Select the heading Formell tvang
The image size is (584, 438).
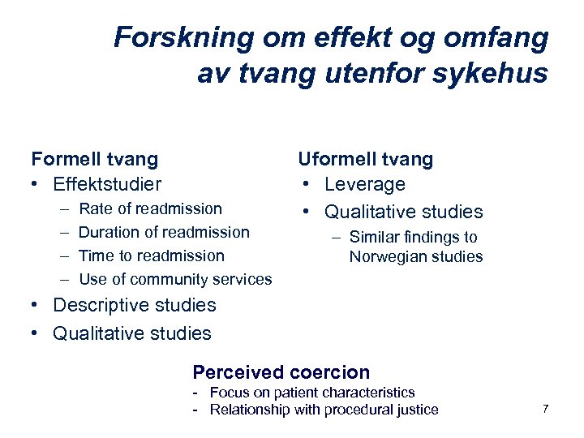coord(94,159)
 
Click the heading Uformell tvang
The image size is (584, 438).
coord(366,159)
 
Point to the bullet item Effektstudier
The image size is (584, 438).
coord(106,184)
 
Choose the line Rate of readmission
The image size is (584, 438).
coord(149,208)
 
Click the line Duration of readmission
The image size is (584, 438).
coord(163,232)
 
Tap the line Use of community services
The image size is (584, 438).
coord(174,279)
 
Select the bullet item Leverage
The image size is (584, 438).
coord(364,185)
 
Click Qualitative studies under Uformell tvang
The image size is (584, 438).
coord(403,212)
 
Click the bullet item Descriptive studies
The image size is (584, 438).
coord(134,305)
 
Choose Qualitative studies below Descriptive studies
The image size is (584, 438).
coord(131,333)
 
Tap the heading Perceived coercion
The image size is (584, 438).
coord(281,372)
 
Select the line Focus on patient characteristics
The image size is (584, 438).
coord(311,393)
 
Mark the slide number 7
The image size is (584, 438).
coord(545,409)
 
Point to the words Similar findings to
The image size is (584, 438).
coord(413,238)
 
